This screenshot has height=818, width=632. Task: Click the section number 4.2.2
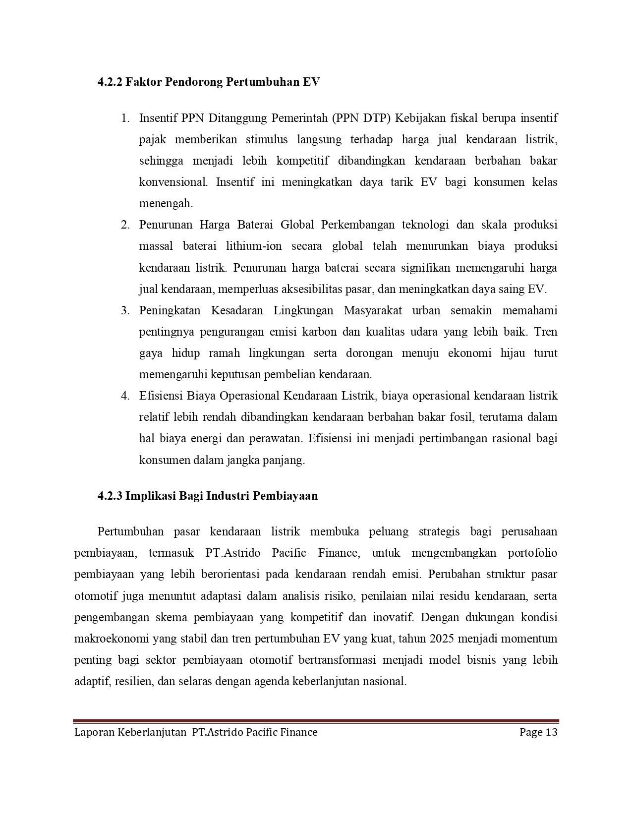pos(110,82)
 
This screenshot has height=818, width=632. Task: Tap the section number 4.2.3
pos(110,496)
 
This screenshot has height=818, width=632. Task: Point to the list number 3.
pos(125,311)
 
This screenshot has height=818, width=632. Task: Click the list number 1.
pos(125,118)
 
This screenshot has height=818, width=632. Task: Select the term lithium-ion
pos(255,246)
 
